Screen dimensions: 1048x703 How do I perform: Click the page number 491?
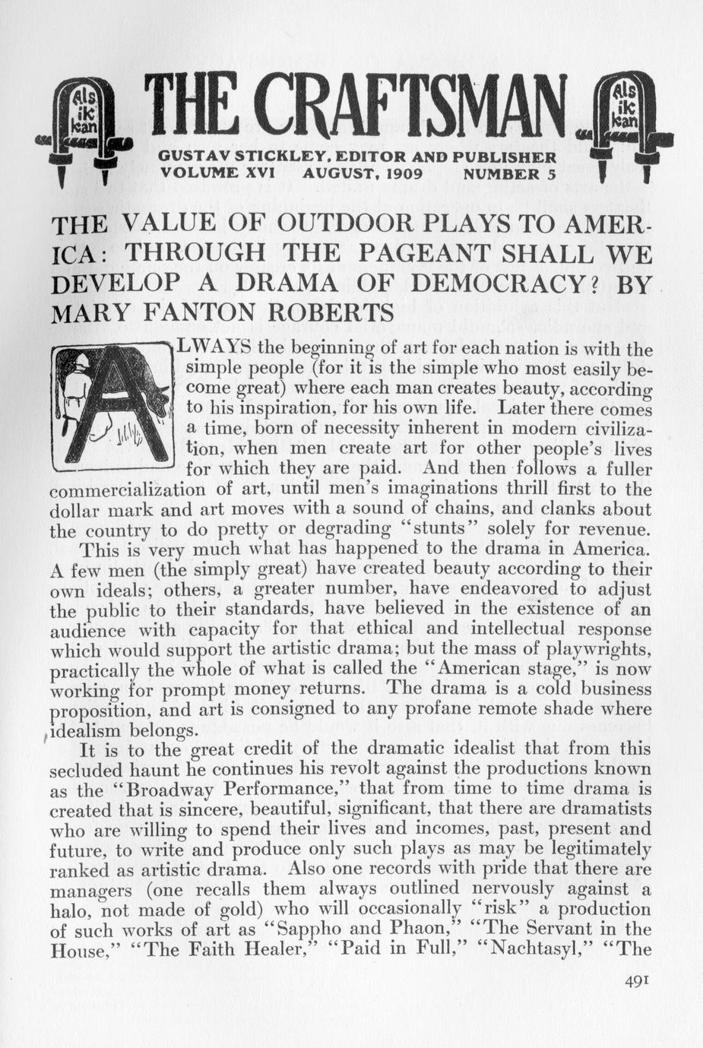point(635,980)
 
